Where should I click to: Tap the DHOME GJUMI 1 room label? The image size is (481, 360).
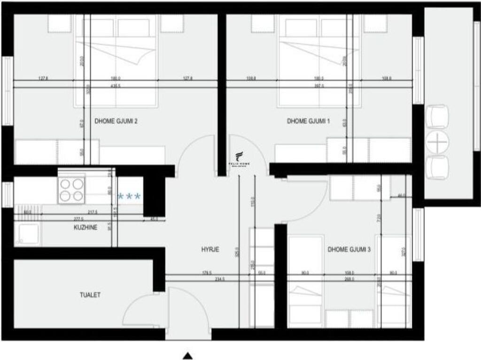point(308,121)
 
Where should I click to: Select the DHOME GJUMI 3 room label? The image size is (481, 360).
point(349,250)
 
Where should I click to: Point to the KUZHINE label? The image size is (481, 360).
point(85,227)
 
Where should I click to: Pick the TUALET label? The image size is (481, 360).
point(90,295)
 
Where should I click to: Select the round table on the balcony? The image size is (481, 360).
point(436,141)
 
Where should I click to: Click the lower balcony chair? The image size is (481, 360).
point(437,167)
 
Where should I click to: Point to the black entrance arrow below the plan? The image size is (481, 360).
point(188,355)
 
